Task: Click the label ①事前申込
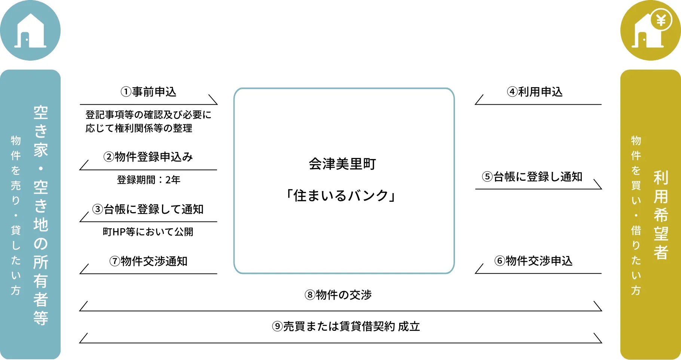[148, 92]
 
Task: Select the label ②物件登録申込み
[148, 156]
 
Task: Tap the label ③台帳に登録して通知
[148, 209]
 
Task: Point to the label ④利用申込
[535, 92]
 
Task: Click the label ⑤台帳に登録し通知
[532, 176]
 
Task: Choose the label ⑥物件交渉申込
[534, 260]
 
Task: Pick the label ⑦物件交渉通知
[148, 261]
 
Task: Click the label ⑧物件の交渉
[338, 295]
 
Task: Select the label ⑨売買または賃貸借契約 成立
[346, 326]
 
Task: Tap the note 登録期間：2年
[149, 180]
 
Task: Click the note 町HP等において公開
[148, 232]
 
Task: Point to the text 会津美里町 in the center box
[342, 164]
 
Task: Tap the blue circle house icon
[30, 30]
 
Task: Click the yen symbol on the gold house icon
[662, 20]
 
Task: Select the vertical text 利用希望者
[661, 215]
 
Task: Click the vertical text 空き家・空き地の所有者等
[41, 215]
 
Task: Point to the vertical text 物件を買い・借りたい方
[636, 215]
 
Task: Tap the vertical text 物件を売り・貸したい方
[16, 215]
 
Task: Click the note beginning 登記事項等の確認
[149, 121]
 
